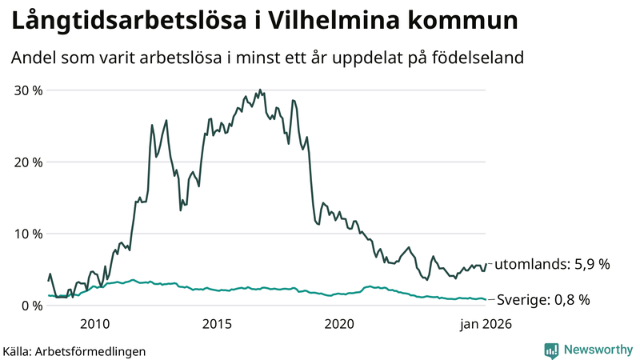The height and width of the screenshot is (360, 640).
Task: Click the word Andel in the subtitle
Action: click(33, 58)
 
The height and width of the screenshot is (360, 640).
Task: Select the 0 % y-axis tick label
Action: click(33, 306)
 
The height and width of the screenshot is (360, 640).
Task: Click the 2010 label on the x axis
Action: click(95, 324)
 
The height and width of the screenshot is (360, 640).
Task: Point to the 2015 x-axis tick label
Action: click(218, 324)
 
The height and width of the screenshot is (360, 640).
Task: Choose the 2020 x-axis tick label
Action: click(340, 324)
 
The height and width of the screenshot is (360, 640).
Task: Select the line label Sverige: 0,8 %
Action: click(543, 300)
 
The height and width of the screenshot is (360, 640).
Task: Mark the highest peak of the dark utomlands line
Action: click(259, 90)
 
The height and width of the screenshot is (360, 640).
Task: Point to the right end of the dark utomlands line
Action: click(486, 263)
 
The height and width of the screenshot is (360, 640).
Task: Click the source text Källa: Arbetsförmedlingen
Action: click(74, 350)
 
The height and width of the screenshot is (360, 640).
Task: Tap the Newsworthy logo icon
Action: click(551, 350)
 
